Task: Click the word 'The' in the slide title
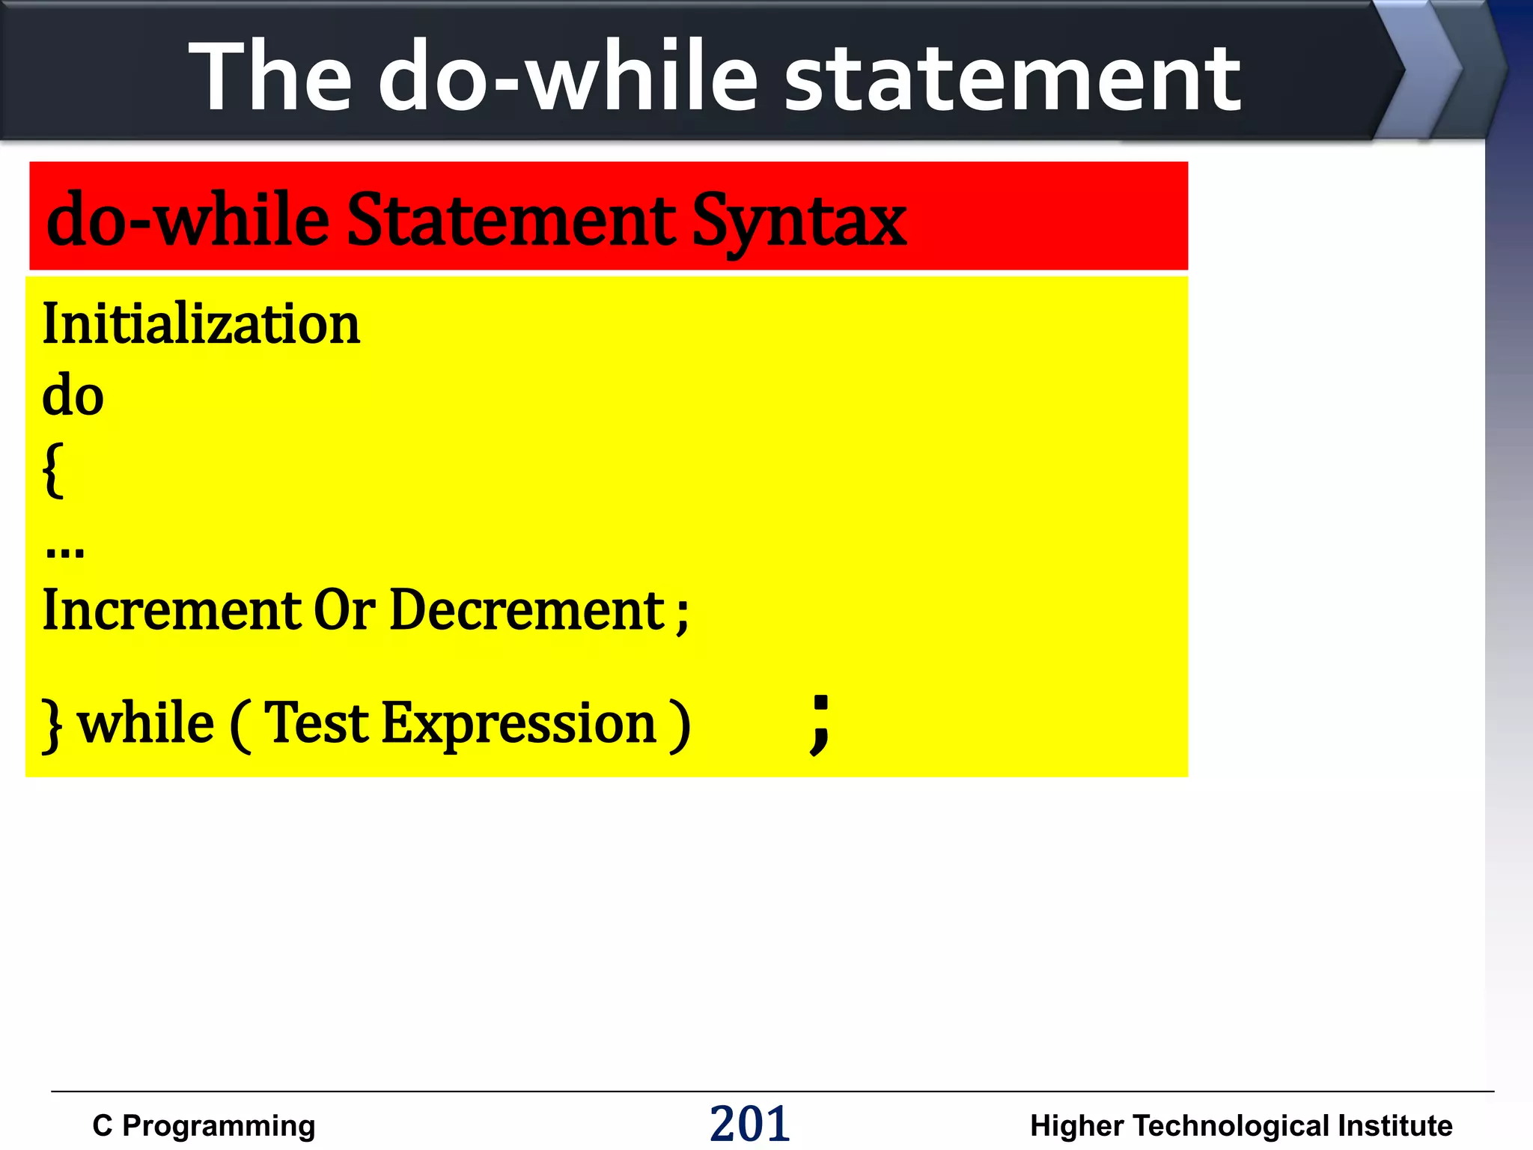pyautogui.click(x=270, y=77)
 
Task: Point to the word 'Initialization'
pyautogui.click(x=201, y=324)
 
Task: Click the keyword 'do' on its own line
pyautogui.click(x=73, y=396)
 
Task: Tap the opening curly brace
pyautogui.click(x=53, y=470)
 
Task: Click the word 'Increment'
pyautogui.click(x=171, y=610)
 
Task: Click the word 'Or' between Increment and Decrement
pyautogui.click(x=344, y=610)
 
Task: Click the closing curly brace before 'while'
pyautogui.click(x=51, y=725)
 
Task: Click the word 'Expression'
pyautogui.click(x=519, y=725)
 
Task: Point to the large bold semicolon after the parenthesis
pyautogui.click(x=820, y=723)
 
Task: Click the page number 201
pyautogui.click(x=749, y=1124)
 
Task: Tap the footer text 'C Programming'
pyautogui.click(x=204, y=1125)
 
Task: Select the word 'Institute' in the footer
pyautogui.click(x=1395, y=1125)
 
